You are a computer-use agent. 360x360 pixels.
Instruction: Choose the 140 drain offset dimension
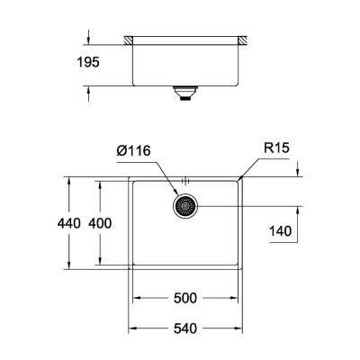(x=282, y=232)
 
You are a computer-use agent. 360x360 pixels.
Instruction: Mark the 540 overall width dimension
(x=186, y=328)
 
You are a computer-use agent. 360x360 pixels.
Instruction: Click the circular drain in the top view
(x=186, y=206)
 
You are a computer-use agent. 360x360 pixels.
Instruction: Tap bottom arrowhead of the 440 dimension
(x=68, y=267)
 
